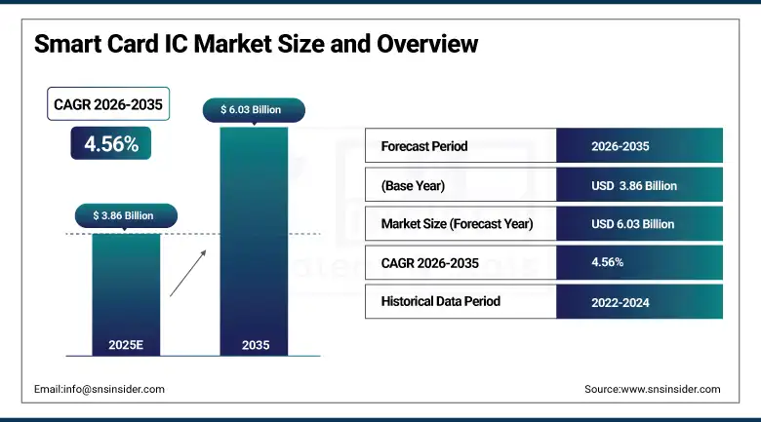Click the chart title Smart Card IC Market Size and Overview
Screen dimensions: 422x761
click(256, 45)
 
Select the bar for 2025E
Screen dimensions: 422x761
click(126, 292)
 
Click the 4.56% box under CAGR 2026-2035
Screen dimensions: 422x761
click(111, 143)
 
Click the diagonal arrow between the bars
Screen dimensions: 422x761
click(189, 272)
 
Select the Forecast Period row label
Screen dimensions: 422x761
click(424, 146)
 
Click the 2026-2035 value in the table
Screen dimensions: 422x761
click(620, 146)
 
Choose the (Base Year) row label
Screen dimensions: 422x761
click(414, 185)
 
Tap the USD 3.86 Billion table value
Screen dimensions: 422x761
click(634, 185)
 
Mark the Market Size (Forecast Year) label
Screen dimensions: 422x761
click(457, 224)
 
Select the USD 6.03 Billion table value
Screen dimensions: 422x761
click(632, 224)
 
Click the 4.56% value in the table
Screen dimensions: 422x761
click(608, 262)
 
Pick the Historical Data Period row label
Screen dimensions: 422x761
click(440, 301)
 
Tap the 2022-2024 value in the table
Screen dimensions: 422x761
click(620, 302)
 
